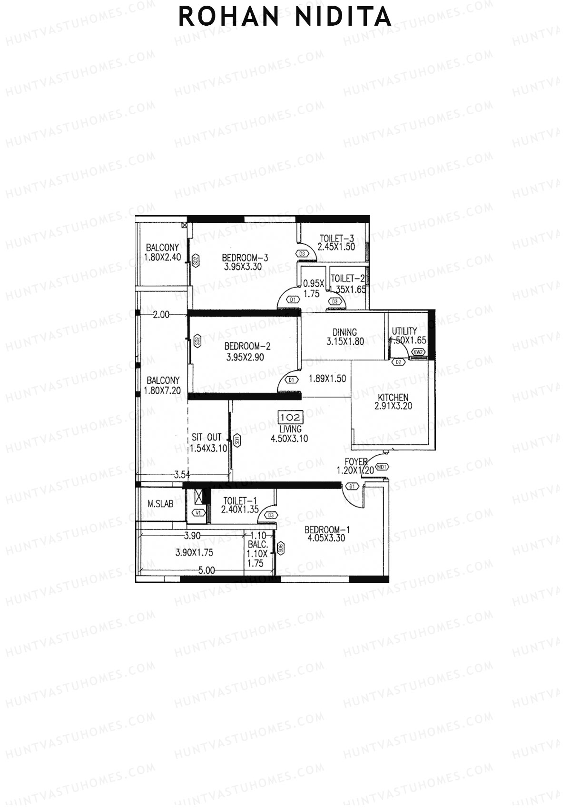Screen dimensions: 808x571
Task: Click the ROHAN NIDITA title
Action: [285, 17]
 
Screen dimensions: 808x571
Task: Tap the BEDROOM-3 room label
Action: [245, 258]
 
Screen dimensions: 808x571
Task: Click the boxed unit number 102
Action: [290, 418]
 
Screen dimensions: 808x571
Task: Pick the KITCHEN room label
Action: [393, 398]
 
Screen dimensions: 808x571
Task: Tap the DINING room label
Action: [345, 332]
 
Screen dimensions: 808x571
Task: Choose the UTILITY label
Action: [404, 331]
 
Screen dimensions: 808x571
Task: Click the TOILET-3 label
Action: [337, 238]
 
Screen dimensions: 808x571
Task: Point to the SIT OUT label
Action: [207, 437]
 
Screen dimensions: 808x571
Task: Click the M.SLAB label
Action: [160, 503]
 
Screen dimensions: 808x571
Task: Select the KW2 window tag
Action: [418, 352]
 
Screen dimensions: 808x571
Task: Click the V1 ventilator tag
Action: [199, 513]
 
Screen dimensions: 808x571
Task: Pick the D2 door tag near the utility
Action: [398, 363]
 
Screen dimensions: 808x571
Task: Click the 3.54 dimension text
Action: [182, 474]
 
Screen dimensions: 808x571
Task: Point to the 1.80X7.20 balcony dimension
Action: [163, 390]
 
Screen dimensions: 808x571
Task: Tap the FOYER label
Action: [356, 461]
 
